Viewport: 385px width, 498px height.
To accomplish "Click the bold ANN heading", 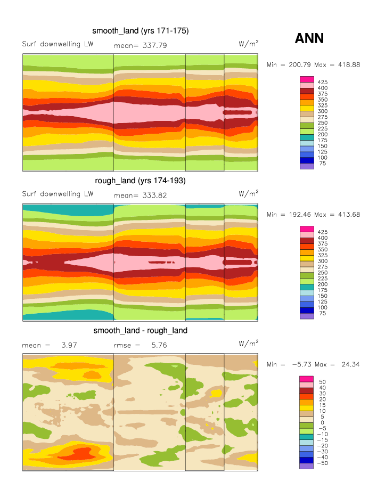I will click(x=309, y=38).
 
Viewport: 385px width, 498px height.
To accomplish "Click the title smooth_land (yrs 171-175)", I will click(x=141, y=31).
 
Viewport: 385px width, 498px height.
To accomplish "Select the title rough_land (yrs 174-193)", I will click(x=140, y=181).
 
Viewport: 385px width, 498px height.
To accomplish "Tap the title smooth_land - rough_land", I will click(x=141, y=331).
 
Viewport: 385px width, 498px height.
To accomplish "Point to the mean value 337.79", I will click(x=155, y=46).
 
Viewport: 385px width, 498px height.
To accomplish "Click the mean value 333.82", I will click(x=155, y=195).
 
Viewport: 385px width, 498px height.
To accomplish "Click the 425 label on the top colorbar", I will click(x=323, y=83).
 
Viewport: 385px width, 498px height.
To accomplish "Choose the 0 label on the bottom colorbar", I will click(x=322, y=423).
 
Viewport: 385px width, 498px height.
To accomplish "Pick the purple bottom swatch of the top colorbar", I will click(x=307, y=166).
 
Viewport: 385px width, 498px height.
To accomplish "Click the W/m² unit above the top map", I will click(x=249, y=44).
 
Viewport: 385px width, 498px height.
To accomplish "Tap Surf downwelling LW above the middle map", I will click(x=58, y=194).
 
